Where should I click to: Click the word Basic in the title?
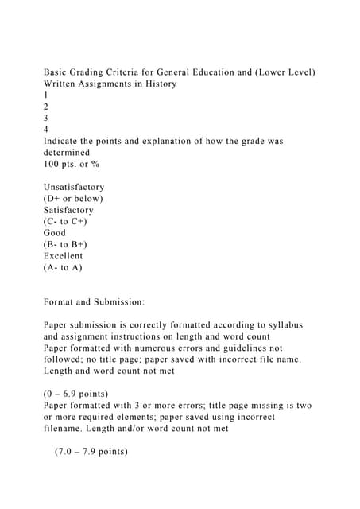[x=56, y=72]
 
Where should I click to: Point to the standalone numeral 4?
[x=46, y=129]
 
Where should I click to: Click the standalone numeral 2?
[x=46, y=106]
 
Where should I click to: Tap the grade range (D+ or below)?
[x=73, y=198]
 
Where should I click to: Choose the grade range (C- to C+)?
[x=70, y=221]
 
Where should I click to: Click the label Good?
[x=56, y=233]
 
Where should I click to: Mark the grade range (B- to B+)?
[x=70, y=244]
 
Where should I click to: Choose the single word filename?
[x=67, y=429]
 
